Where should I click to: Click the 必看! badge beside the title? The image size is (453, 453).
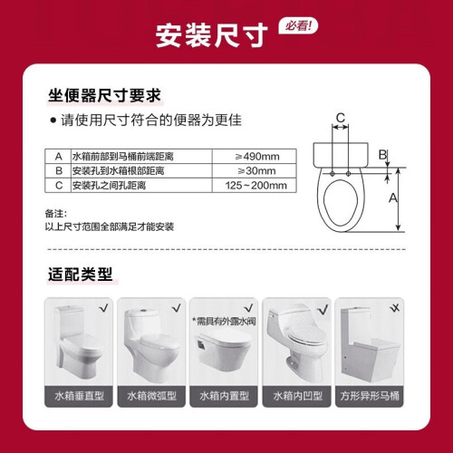(298, 26)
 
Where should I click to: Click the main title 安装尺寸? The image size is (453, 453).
(212, 35)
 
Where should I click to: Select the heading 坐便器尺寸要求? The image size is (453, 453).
(104, 96)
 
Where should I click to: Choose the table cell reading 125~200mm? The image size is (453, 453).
(255, 185)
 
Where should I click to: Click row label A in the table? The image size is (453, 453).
(59, 157)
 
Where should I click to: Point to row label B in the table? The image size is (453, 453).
(59, 171)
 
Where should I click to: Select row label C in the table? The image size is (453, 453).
(59, 185)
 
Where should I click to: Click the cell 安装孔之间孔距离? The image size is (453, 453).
(109, 185)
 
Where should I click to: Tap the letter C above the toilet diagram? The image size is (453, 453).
(341, 117)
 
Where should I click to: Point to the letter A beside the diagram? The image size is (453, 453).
(392, 198)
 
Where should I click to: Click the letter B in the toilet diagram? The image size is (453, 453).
(382, 155)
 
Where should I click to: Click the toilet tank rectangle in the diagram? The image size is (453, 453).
(341, 155)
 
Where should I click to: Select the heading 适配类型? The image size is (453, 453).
(81, 275)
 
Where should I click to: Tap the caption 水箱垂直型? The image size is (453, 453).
(79, 396)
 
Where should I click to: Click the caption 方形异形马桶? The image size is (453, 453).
(370, 396)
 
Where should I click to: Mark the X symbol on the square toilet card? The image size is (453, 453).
(395, 308)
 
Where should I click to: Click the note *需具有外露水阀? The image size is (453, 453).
(224, 322)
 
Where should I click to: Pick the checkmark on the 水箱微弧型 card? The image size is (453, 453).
(177, 308)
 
